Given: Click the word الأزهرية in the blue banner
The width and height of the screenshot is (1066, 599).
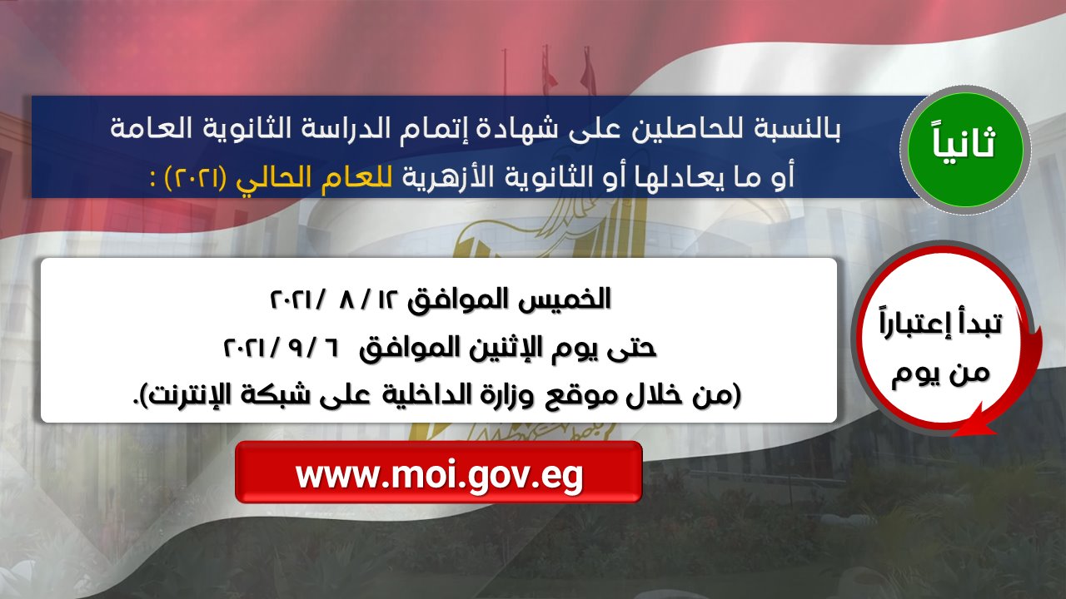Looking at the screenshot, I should click(x=449, y=176).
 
